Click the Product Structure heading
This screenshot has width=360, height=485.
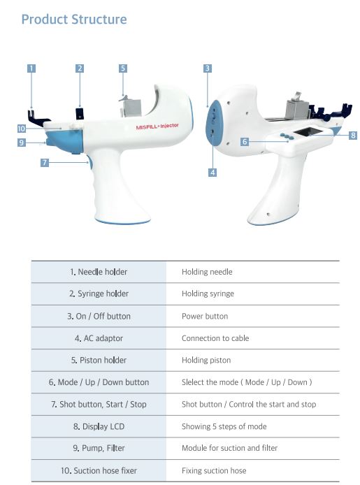74,20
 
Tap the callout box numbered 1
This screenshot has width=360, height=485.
31,68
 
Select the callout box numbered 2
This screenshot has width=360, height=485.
80,68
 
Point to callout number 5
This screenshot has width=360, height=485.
123,68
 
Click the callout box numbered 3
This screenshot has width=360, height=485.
208,68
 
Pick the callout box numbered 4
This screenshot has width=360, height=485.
213,173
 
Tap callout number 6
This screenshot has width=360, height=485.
245,142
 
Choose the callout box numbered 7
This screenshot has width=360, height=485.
45,162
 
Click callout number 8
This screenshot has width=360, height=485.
353,135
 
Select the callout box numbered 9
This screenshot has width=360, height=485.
22,143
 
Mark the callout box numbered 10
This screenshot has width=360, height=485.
22,129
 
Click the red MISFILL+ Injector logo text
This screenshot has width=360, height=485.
157,126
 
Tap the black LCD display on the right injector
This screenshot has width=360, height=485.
305,132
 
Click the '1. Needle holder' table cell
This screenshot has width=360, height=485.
99,272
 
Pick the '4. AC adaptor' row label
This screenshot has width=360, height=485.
99,338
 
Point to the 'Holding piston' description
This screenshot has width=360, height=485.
206,360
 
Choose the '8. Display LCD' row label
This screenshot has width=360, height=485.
99,426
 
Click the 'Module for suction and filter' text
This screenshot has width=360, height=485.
229,448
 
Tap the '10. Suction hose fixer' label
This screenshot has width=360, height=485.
99,470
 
